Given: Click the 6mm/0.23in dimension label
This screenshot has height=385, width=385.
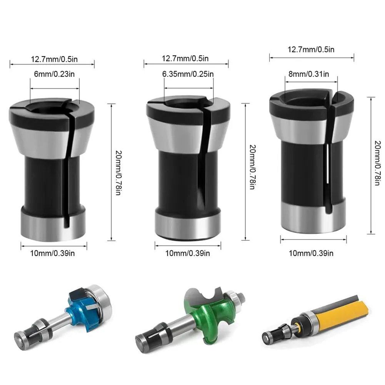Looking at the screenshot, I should (54, 74).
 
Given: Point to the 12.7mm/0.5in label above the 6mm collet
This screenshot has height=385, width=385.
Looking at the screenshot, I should (52, 59).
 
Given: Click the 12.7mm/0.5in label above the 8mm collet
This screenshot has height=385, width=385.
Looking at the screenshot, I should (312, 49).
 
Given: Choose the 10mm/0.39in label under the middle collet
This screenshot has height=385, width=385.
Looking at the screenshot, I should (188, 253).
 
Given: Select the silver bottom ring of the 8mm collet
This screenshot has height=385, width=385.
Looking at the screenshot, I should (313, 218).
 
